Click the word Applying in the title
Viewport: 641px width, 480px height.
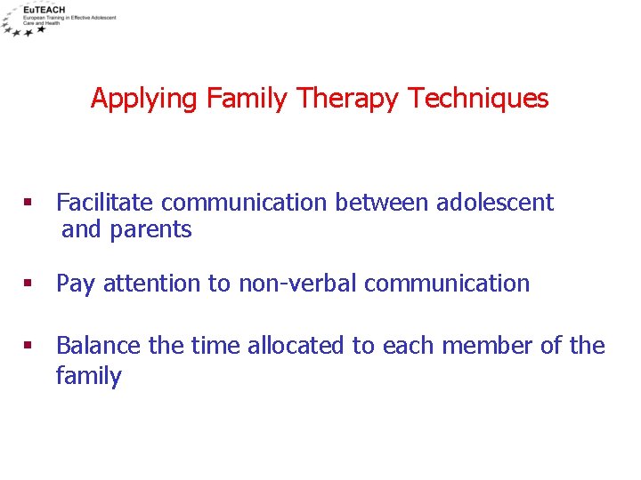(145, 99)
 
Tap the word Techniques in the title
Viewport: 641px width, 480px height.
(478, 98)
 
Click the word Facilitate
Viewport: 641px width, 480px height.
(106, 203)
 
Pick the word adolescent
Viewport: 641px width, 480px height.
(494, 203)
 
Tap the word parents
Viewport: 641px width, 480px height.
(150, 230)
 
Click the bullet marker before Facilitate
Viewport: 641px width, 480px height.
(28, 204)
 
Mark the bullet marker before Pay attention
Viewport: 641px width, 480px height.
(28, 284)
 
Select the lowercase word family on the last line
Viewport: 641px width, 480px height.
(88, 376)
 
